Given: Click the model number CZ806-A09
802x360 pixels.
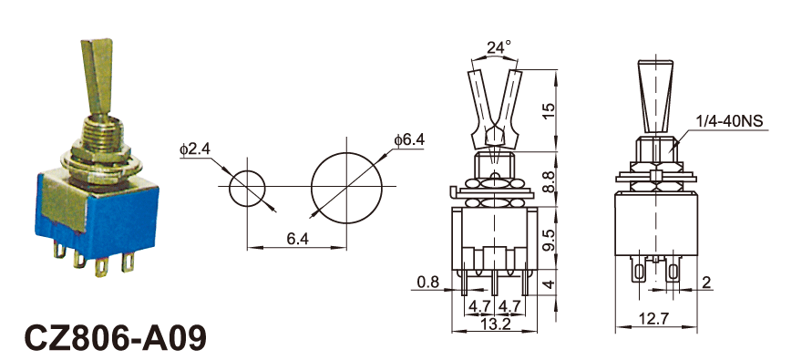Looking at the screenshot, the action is pos(116,338).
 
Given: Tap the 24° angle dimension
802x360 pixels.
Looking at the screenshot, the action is pos(499,47).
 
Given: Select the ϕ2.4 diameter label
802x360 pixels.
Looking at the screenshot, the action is pos(194,149).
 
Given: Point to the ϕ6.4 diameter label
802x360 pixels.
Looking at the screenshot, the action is pos(410,139).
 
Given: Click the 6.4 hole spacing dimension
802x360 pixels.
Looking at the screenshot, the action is pos(298,239).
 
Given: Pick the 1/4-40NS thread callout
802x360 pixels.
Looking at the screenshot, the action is pos(729,121).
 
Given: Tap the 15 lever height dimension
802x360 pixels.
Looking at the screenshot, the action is pos(548,110).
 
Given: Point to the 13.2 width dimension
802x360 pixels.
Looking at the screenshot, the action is pos(496,324).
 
